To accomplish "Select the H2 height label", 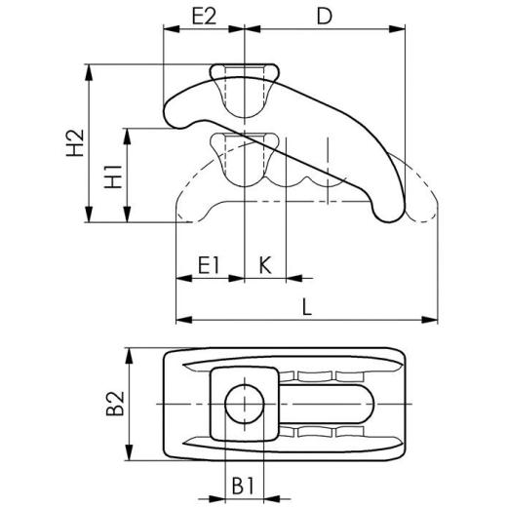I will pos(74,143).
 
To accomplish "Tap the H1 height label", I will pos(115,176).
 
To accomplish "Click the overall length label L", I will pos(307,305).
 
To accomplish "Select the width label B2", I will pos(117,404).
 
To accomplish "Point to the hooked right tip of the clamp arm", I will pos(386,209).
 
